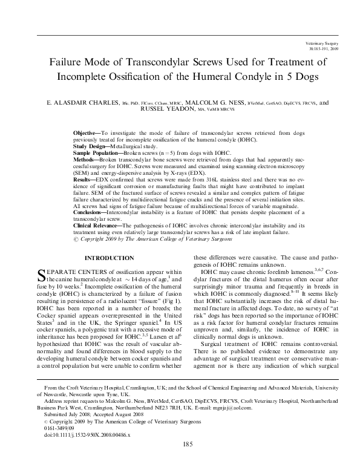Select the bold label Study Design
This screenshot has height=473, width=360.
(89, 146)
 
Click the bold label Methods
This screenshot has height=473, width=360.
(84, 160)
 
